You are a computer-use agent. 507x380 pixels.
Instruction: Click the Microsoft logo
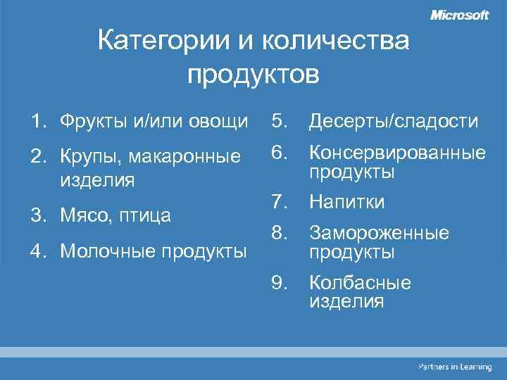pyautogui.click(x=459, y=15)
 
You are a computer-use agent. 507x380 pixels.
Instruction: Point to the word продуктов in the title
pyautogui.click(x=254, y=72)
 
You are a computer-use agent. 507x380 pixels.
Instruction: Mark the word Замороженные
pyautogui.click(x=378, y=233)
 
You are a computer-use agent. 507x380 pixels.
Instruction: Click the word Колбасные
pyautogui.click(x=359, y=283)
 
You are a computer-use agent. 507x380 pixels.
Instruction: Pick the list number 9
pyautogui.click(x=280, y=283)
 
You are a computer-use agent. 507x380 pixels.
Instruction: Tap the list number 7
pyautogui.click(x=280, y=203)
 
